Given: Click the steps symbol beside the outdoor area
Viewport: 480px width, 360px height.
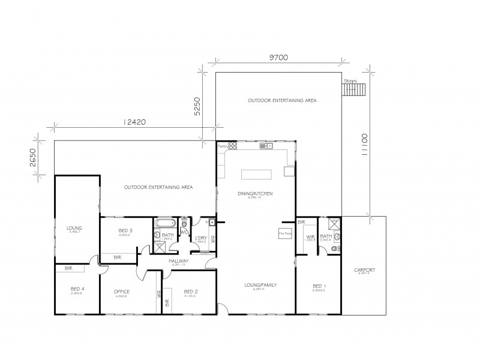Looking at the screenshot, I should [354, 89].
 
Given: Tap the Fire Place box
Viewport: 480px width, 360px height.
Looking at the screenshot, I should [284, 233].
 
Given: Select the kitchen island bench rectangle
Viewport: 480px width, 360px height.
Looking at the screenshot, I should [257, 174].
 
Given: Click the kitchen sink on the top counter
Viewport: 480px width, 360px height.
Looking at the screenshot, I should [266, 146].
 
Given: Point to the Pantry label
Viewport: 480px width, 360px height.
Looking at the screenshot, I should [221, 146].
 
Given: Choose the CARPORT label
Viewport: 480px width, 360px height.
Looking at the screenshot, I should [365, 271].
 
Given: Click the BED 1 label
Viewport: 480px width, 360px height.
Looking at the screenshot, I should [318, 286].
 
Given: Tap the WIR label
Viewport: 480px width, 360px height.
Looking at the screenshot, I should [310, 237].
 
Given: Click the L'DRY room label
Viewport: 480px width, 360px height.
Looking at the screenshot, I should [200, 238].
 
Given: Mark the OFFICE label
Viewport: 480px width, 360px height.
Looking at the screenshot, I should [122, 292].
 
